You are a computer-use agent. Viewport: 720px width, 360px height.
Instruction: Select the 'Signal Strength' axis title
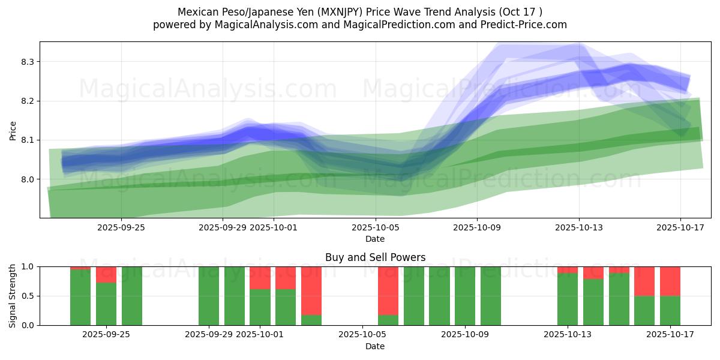pos(13,296)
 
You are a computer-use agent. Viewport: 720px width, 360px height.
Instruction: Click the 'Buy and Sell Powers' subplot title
pos(375,257)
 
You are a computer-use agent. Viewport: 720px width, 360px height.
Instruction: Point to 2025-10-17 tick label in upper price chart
pos(680,227)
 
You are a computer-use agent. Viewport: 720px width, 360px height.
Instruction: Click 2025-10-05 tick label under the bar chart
pos(362,335)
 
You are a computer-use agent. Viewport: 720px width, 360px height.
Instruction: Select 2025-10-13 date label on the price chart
pos(579,227)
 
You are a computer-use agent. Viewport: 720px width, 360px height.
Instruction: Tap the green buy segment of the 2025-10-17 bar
pos(670,310)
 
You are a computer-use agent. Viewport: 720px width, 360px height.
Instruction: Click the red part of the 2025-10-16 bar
pos(644,281)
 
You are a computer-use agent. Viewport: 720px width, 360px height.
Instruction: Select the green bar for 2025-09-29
pos(209,296)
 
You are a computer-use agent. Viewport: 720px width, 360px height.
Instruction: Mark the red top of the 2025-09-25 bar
pos(106,274)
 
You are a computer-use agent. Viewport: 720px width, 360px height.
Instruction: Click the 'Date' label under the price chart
pos(375,239)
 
